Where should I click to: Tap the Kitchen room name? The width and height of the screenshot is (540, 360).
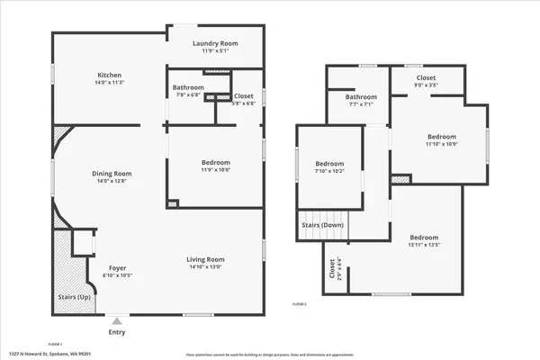pos(110,75)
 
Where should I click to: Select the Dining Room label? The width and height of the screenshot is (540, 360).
pos(112,173)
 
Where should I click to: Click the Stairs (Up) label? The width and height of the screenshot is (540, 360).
pos(64,295)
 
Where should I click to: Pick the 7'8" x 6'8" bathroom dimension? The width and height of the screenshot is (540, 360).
pos(189,95)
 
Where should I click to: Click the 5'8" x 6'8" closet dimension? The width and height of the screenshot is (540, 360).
pos(244,103)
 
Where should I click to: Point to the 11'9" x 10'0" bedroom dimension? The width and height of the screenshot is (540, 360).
pos(216,169)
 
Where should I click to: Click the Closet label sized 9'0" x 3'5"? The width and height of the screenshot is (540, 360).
pos(427,78)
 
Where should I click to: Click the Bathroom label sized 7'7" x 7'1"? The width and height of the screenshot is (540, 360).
pos(361,96)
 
